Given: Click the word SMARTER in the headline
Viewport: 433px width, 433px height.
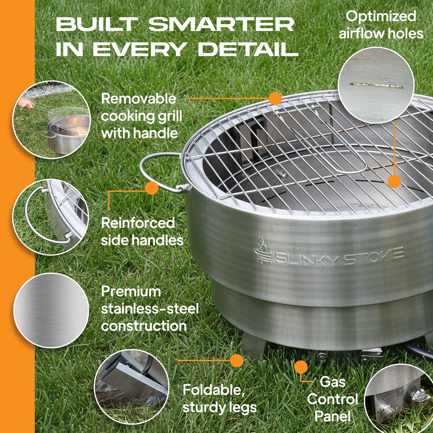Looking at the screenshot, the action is [221, 25].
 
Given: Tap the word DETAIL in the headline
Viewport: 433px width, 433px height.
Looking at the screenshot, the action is [248, 49].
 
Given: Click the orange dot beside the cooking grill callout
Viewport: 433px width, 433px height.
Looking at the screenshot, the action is [275, 98].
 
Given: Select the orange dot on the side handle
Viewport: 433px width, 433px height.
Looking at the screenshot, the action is [152, 188].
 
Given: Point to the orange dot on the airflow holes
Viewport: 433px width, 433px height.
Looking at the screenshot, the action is [394, 181].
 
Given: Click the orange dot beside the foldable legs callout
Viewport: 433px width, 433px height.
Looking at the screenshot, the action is [237, 361].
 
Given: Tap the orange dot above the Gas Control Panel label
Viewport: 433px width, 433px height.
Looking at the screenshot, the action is [301, 367].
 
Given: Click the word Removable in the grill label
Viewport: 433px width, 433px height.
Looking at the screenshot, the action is [139, 99].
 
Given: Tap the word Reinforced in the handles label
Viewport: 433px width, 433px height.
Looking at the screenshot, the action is [138, 223].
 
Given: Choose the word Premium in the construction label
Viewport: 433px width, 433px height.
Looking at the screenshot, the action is [131, 292].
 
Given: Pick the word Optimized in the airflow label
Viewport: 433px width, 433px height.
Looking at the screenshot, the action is [381, 16].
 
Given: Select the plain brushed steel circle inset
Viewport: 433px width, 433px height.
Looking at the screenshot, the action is [51, 310].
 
